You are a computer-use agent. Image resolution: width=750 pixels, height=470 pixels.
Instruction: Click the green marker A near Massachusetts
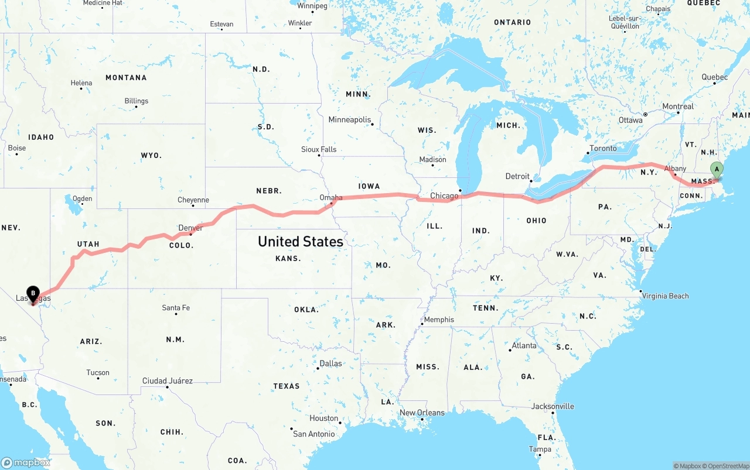click(x=716, y=170)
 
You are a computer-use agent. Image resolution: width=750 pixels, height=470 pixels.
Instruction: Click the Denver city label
click(x=190, y=228)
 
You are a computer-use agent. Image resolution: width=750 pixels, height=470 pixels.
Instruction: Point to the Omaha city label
click(x=331, y=197)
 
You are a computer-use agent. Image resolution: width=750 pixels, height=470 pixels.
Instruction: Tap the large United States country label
click(x=300, y=241)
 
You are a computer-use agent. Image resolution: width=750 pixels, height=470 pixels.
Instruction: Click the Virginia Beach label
click(x=665, y=296)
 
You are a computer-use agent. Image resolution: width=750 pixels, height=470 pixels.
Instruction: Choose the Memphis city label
click(x=439, y=320)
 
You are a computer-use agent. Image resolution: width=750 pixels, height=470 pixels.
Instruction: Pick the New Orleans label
click(x=422, y=413)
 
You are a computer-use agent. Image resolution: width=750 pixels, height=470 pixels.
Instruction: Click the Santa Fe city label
click(x=176, y=308)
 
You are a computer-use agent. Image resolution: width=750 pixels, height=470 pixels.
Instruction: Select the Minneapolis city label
click(x=350, y=119)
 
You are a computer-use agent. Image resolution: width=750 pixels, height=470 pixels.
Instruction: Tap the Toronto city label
click(x=603, y=148)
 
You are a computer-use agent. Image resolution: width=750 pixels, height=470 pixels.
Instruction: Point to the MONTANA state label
click(x=126, y=77)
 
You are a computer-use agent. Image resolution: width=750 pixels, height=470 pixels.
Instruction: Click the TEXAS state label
click(x=286, y=386)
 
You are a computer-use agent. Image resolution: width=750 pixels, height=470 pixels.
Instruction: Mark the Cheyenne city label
click(x=193, y=200)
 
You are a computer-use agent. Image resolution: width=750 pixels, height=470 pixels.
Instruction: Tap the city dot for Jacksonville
click(x=553, y=413)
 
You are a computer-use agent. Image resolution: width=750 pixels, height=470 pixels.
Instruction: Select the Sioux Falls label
click(x=319, y=149)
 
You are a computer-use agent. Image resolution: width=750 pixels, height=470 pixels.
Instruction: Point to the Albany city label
click(x=675, y=169)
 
